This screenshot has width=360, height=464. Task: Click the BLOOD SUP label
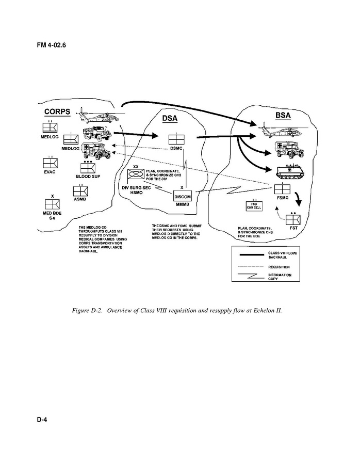click(88, 177)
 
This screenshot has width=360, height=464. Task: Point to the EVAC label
click(50, 172)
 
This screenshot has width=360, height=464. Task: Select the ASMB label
click(80, 198)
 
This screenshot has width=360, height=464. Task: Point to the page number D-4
click(42, 420)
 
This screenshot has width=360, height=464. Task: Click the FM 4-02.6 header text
click(51, 44)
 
